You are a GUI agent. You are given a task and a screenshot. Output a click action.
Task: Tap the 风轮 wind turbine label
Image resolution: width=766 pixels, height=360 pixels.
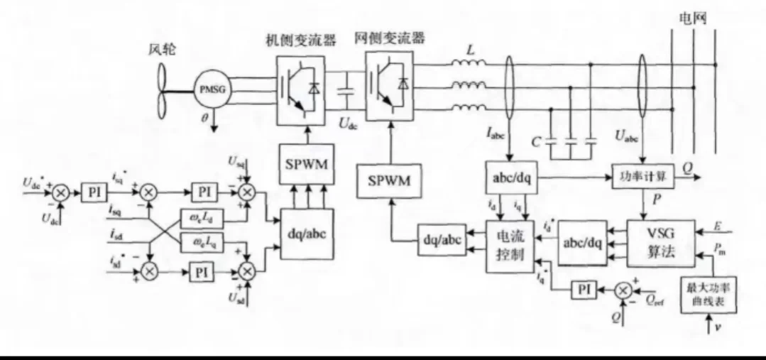pyautogui.click(x=165, y=50)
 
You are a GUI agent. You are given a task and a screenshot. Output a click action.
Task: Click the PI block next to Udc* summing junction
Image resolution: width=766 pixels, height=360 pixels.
pyautogui.click(x=92, y=192)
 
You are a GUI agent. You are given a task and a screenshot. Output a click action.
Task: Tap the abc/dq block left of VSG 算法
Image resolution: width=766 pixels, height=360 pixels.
pyautogui.click(x=582, y=242)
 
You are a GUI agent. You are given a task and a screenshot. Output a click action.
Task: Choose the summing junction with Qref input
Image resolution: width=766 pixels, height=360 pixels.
pyautogui.click(x=623, y=289)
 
